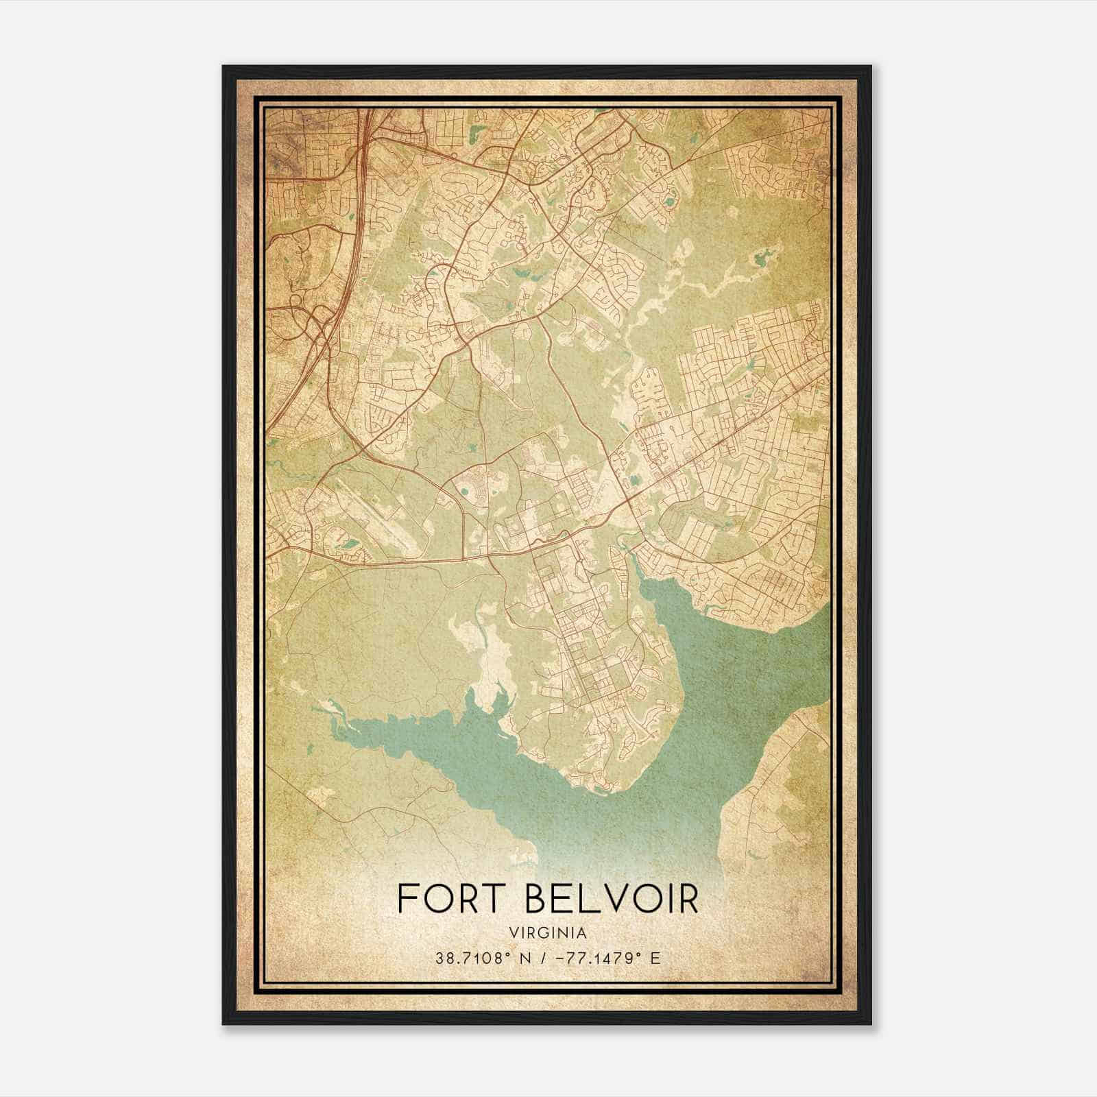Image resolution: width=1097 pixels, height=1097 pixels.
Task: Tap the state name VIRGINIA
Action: tap(548, 933)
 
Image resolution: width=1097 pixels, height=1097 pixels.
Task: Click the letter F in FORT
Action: tap(407, 899)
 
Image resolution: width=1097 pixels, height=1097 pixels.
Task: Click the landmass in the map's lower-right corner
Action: tap(782, 788)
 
